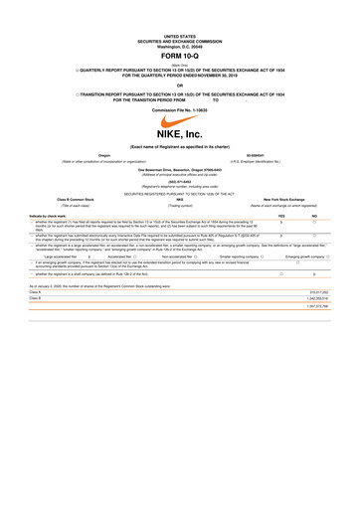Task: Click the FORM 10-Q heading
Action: pos(180,56)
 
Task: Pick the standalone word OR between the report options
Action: pos(180,83)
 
